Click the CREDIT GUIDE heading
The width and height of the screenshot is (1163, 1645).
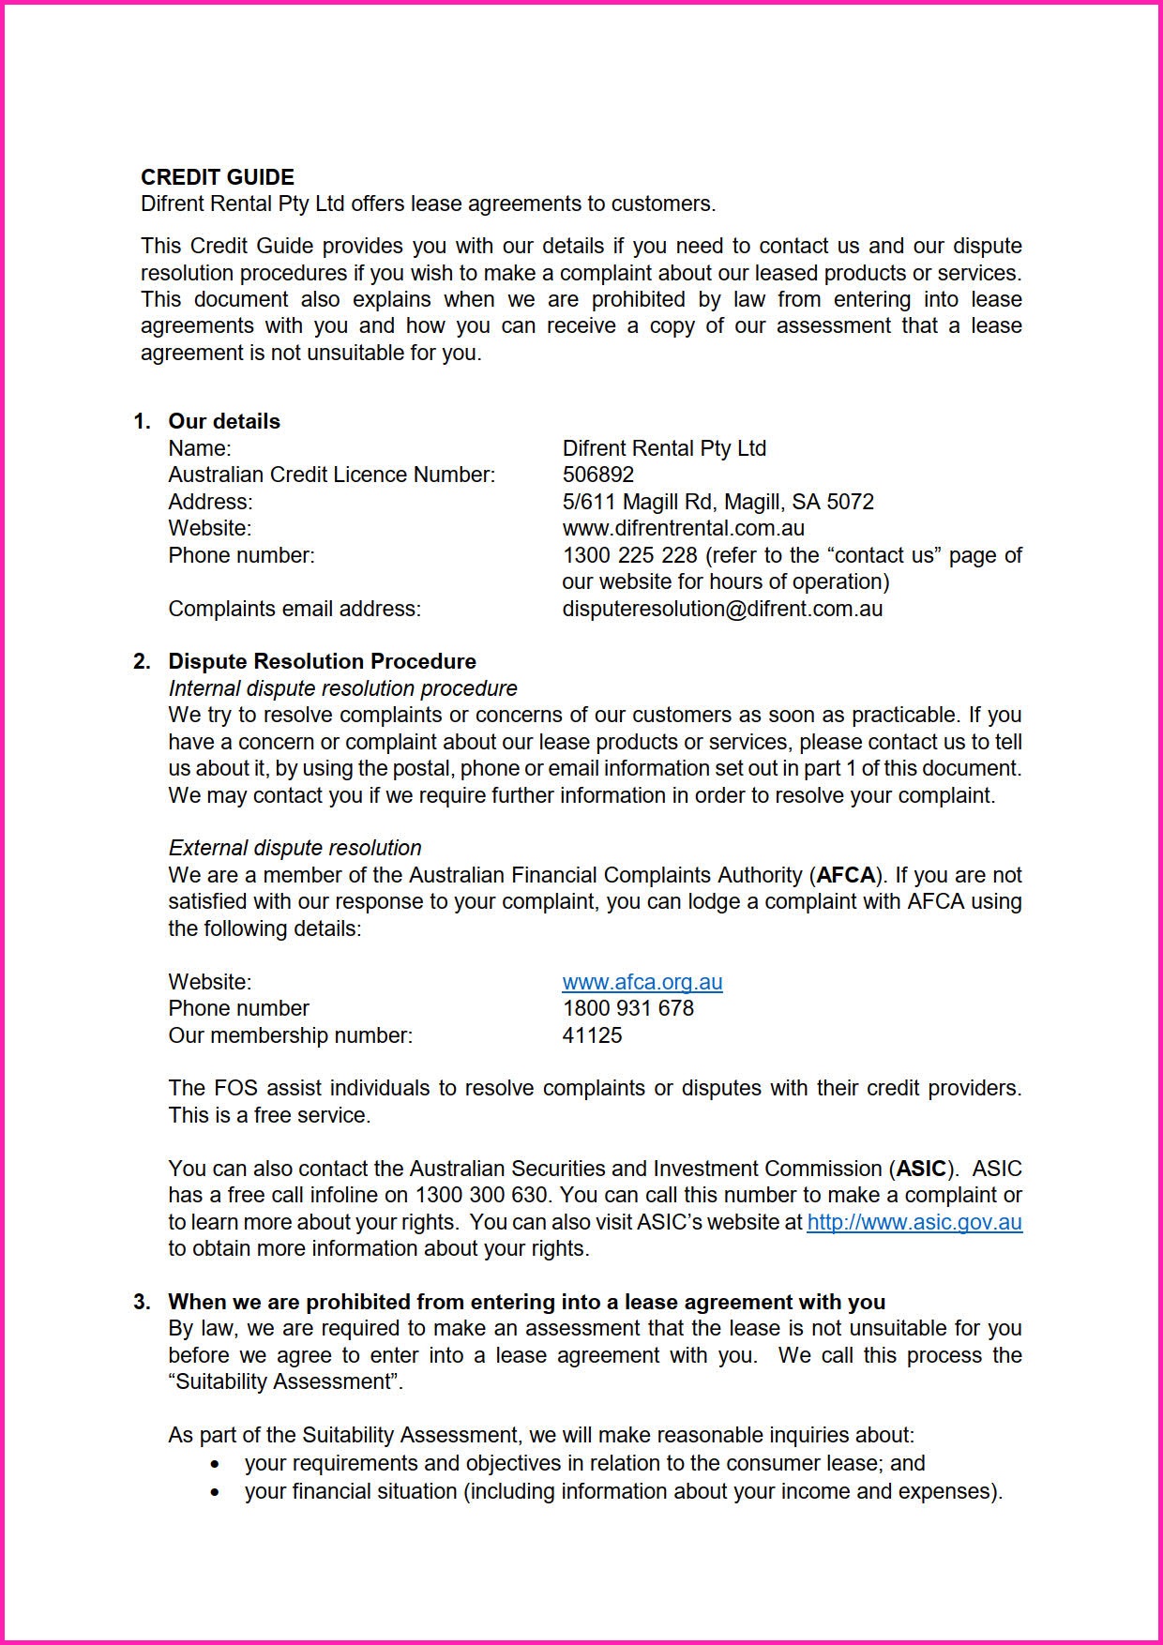(217, 177)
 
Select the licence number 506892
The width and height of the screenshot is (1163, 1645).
(597, 475)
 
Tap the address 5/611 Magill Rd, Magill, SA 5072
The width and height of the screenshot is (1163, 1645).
(717, 502)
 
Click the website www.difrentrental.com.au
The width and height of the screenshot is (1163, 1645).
(683, 528)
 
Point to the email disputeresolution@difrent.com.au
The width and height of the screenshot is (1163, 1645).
(722, 609)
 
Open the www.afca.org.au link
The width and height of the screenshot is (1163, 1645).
(642, 982)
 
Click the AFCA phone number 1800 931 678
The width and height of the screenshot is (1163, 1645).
(627, 1008)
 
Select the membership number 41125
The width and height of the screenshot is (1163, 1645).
(592, 1035)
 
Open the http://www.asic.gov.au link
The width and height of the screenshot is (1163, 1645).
(914, 1222)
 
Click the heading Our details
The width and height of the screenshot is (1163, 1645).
(224, 421)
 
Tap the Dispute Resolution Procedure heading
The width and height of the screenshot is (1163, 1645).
(322, 661)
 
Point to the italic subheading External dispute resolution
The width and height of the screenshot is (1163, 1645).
(295, 848)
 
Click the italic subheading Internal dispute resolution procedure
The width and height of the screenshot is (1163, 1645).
(342, 688)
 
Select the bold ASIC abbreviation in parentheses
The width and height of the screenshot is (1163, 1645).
(921, 1169)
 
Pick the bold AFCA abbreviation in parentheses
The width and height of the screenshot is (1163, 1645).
(846, 875)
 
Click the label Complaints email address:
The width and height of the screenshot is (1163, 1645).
(295, 609)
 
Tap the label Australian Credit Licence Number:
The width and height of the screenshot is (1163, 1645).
(331, 475)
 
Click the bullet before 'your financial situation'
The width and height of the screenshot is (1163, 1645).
(217, 1492)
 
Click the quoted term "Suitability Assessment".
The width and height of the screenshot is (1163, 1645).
(285, 1381)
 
